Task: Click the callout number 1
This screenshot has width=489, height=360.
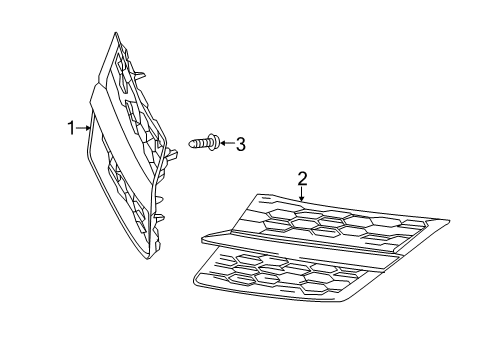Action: pos(71,127)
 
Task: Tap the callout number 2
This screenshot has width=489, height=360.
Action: pos(302,179)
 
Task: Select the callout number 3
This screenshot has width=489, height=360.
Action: pos(240,144)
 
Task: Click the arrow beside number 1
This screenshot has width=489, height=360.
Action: pos(83,127)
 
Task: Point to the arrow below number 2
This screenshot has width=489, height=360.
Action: pos(302,194)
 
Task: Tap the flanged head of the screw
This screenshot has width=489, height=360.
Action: pos(213,143)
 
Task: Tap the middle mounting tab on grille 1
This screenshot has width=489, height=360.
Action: pos(171,152)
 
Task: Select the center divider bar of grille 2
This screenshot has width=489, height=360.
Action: pos(320,246)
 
